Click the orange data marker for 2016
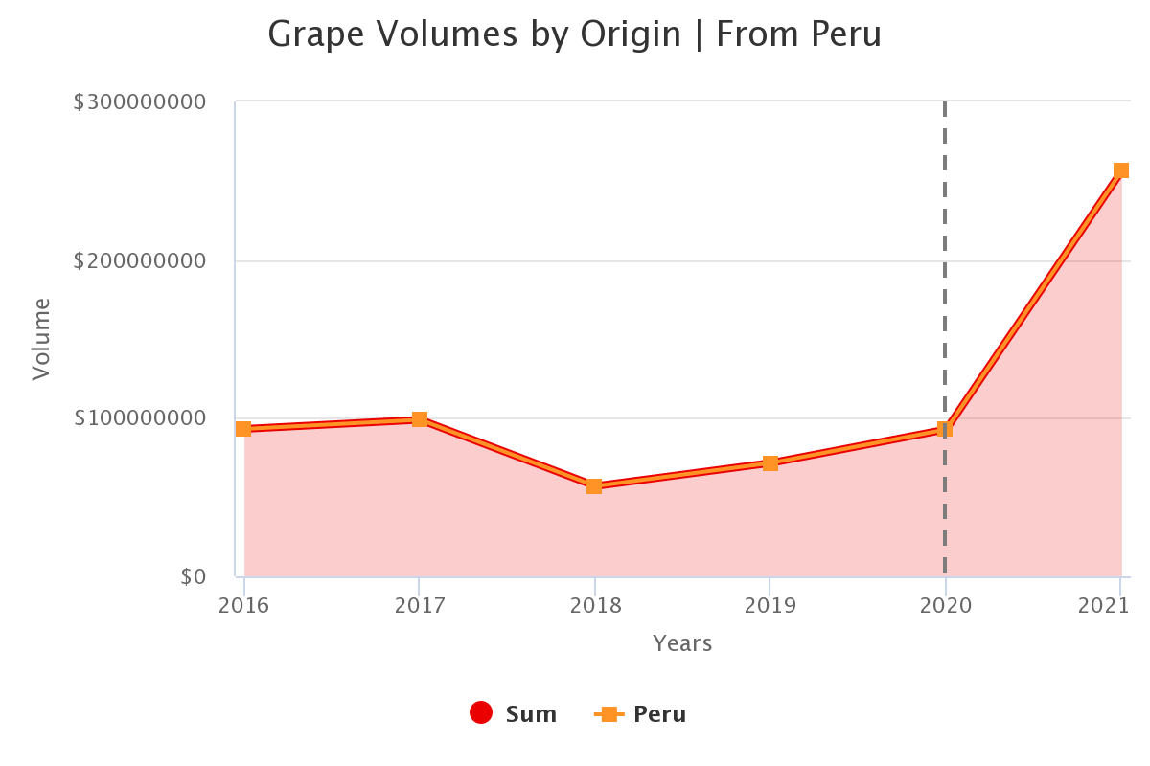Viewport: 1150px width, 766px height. click(x=243, y=429)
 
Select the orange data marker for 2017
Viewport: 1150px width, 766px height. click(x=420, y=419)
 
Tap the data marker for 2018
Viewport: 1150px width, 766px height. click(x=594, y=486)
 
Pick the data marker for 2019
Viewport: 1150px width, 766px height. click(x=770, y=463)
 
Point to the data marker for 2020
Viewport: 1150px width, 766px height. click(x=945, y=430)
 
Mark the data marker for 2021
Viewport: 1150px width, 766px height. click(x=1120, y=170)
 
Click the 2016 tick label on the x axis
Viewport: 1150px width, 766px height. click(x=243, y=606)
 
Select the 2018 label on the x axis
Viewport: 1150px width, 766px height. click(x=595, y=606)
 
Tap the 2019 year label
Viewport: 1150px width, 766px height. click(x=770, y=606)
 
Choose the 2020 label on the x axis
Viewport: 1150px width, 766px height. click(x=946, y=606)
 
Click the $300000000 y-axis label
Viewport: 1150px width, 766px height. click(x=140, y=101)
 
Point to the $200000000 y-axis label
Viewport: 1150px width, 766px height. click(x=140, y=260)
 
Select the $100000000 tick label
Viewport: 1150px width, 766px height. click(x=140, y=418)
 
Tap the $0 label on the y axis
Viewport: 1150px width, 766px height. click(x=193, y=576)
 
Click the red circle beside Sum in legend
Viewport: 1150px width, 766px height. click(x=481, y=713)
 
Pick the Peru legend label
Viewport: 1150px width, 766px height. click(x=659, y=714)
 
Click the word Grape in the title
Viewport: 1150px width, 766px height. click(x=316, y=34)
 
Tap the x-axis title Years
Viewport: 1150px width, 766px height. click(x=682, y=643)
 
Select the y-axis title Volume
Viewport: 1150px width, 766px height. click(x=40, y=339)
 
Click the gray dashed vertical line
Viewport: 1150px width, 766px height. click(x=945, y=287)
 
